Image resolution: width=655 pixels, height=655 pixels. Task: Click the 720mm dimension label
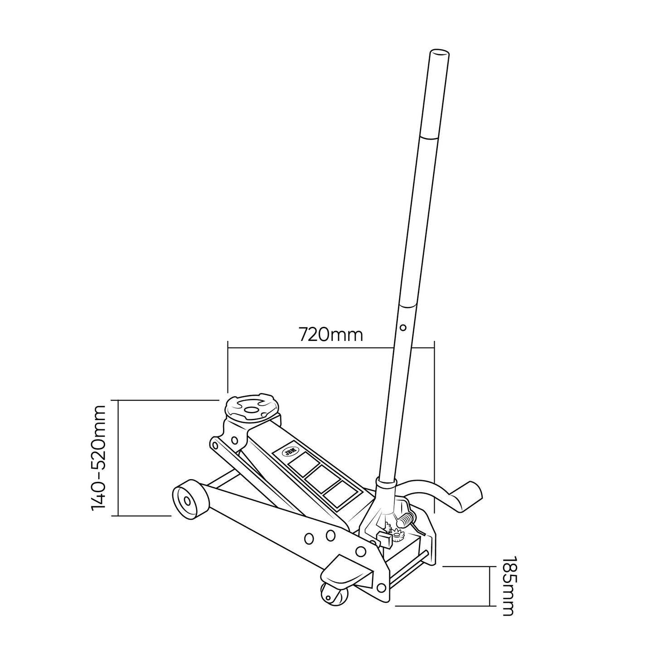tap(331, 335)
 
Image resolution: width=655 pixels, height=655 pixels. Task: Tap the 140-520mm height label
tap(98, 458)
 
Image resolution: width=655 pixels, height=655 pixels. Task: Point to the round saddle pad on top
tap(251, 408)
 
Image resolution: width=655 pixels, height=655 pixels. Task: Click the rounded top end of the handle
tap(439, 53)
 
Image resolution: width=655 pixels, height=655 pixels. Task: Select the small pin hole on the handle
tap(403, 326)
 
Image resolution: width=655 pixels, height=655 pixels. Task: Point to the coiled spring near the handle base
tap(406, 519)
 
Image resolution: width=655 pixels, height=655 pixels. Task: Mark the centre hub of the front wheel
tap(186, 501)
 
